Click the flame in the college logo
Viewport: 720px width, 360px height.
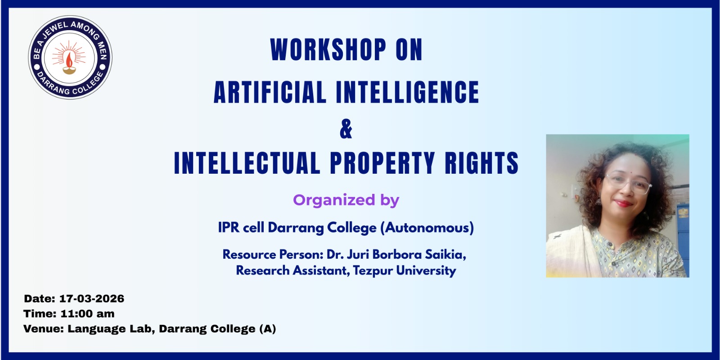(x=69, y=60)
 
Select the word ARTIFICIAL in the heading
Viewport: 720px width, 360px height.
(x=270, y=92)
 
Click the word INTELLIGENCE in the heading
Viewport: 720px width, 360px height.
(x=407, y=92)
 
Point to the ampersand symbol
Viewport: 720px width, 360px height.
(x=346, y=129)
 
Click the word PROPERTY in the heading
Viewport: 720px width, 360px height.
(x=382, y=163)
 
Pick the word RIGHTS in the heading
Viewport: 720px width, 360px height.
(x=481, y=163)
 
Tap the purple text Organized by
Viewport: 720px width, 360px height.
(x=346, y=200)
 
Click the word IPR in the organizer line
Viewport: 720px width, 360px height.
(x=229, y=228)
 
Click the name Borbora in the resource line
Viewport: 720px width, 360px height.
(x=397, y=255)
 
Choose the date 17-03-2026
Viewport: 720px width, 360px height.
(x=92, y=299)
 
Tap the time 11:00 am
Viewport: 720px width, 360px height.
(x=87, y=314)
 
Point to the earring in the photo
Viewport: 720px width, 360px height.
(x=599, y=201)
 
